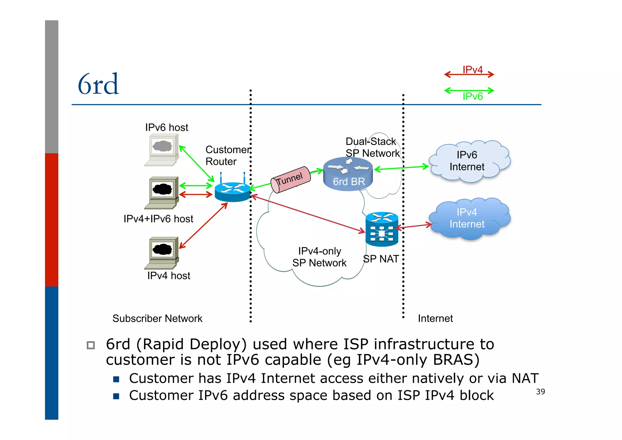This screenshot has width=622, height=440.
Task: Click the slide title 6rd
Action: pos(98,84)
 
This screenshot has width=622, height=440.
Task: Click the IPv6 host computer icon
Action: pos(162,150)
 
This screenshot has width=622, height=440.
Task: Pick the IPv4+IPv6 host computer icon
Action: pos(162,193)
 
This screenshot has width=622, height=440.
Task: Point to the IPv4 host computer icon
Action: pos(162,253)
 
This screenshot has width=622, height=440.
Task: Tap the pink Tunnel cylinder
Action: pos(291,180)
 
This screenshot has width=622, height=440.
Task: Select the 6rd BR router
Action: pos(348,174)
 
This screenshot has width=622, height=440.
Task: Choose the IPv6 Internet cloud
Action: pos(469,161)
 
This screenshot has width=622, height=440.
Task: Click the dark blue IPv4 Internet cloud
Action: pos(469,218)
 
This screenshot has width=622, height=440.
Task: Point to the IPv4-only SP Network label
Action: pos(319,257)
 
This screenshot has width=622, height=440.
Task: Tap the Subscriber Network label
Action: pos(157,318)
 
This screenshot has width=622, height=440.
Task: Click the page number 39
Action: pos(540,392)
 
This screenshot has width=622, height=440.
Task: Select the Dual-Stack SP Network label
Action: pos(372,147)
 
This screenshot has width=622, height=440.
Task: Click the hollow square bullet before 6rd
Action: pos(91,345)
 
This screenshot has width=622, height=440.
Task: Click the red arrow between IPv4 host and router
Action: pos(203,226)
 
